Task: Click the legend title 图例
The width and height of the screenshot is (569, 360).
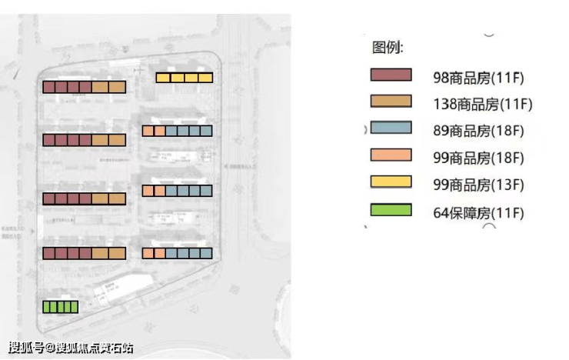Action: tap(388, 48)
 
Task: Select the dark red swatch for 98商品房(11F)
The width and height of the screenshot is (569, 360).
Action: tap(391, 75)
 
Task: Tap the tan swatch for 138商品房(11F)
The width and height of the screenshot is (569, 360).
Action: tap(391, 102)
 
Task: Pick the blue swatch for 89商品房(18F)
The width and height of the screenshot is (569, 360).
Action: tap(391, 128)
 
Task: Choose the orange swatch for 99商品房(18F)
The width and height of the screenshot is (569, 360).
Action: tap(391, 155)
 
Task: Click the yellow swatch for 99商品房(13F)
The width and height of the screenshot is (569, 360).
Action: tap(391, 182)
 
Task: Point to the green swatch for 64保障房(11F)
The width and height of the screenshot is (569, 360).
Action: tap(391, 209)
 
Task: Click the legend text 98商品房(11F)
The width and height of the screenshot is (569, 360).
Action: tap(478, 77)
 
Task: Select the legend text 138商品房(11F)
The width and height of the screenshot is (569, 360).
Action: tap(482, 104)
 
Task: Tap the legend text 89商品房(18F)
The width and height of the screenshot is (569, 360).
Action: tap(478, 131)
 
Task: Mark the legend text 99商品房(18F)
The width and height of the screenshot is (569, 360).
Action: tap(478, 158)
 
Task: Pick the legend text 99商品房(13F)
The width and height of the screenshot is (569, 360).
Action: tap(478, 185)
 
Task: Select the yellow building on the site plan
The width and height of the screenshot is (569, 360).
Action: tap(184, 77)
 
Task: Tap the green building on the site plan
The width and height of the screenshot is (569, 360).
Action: tap(60, 307)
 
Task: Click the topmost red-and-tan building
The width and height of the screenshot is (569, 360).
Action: tap(84, 87)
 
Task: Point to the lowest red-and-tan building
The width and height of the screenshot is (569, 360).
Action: tap(84, 253)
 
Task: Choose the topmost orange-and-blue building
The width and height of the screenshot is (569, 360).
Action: tap(176, 131)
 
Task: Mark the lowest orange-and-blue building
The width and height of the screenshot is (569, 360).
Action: tap(176, 252)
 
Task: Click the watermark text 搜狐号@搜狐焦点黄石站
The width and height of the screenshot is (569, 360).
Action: tap(71, 347)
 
